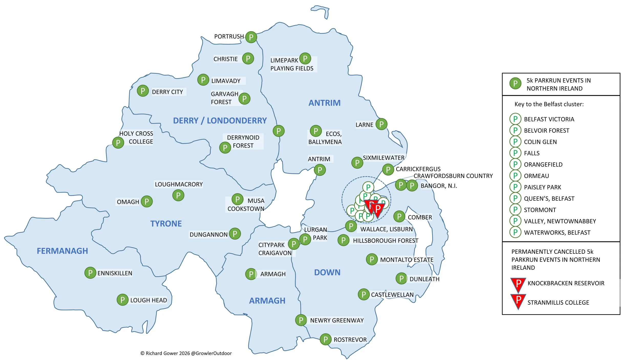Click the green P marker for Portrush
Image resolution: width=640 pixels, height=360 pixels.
coord(251,37)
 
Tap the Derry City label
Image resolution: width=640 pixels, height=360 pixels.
coord(167,92)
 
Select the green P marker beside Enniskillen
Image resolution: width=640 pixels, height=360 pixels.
coord(90,273)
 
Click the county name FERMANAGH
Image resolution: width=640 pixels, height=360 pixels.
coord(62,251)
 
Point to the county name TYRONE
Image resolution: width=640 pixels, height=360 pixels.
coord(166,224)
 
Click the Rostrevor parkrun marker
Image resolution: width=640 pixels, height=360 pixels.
coord(325,340)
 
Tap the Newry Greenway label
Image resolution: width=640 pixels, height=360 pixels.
coord(337,321)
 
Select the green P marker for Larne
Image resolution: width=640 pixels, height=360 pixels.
coord(381,124)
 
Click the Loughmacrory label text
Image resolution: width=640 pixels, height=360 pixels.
coord(178,184)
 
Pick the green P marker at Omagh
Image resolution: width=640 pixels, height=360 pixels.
coord(146,202)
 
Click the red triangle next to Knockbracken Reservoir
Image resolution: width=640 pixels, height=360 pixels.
coord(518,284)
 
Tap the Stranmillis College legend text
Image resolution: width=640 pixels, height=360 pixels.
coord(558,303)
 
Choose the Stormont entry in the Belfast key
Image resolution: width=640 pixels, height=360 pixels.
coord(540,210)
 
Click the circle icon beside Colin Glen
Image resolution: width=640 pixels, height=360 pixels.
coord(515,142)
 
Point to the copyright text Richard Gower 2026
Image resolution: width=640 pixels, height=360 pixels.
coord(186,353)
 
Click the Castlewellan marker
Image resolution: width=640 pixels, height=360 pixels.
coord(364,294)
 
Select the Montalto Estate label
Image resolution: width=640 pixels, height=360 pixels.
coord(407,260)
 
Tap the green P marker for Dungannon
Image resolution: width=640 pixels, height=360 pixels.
coord(235,234)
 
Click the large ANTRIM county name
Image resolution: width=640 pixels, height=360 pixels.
coord(324,103)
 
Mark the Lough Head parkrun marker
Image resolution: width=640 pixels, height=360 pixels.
coord(122,300)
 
